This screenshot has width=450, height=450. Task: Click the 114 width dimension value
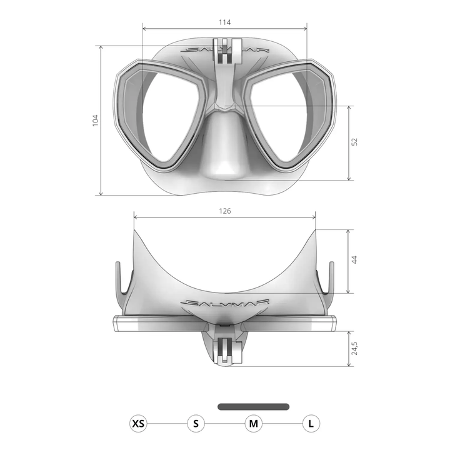pos(225,22)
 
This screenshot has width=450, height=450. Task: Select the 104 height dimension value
pos(96,120)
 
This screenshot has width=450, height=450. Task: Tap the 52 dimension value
pos(354,142)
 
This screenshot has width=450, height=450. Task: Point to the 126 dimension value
pos(225,211)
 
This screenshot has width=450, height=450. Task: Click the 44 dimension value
pos(354,260)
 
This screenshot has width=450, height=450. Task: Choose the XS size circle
pos(139,424)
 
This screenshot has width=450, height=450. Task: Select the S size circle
pos(196,424)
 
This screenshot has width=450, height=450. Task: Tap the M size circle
pos(253,424)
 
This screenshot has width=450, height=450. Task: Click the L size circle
pos(311,424)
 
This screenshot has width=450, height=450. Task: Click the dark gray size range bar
pos(253,406)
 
